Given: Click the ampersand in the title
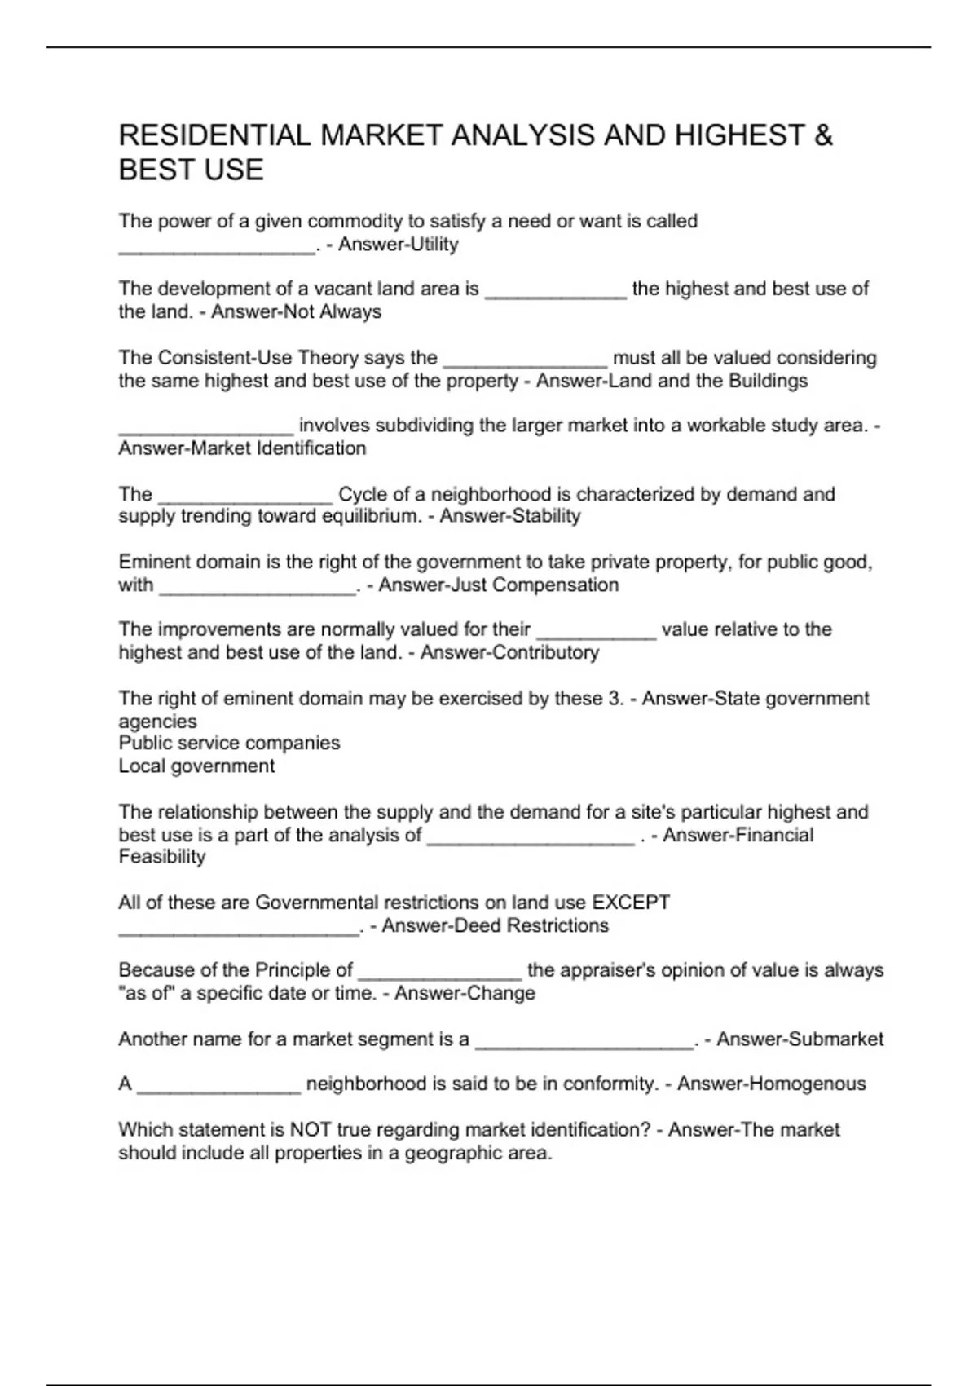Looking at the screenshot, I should pyautogui.click(x=823, y=135).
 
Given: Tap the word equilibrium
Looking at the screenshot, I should pyautogui.click(x=371, y=516).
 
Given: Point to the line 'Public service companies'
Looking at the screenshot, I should pyautogui.click(x=229, y=744).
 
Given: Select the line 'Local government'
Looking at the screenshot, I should pyautogui.click(x=196, y=766).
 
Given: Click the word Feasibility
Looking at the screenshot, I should pyautogui.click(x=162, y=857).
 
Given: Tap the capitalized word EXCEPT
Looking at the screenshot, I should pyautogui.click(x=631, y=903).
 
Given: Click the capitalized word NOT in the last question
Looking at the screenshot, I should pyautogui.click(x=308, y=1130).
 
